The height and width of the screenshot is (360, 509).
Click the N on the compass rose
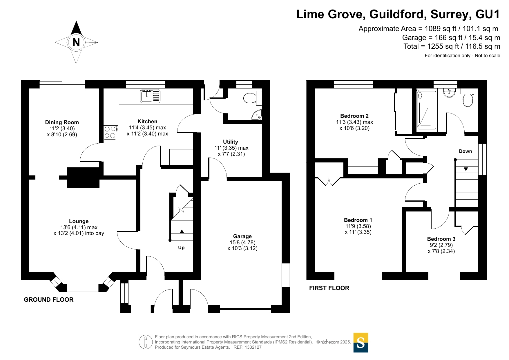76,42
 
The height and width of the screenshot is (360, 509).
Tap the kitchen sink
150,96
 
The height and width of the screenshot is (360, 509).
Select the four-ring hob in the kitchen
111,133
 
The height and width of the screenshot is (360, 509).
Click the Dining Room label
62,122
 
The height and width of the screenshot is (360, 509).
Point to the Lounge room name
79,221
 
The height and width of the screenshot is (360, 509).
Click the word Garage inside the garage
242,236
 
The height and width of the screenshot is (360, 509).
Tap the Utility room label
230,142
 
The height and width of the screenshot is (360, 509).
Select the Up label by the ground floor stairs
181,247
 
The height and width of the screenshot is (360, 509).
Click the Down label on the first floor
465,151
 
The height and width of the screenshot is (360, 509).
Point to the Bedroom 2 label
354,116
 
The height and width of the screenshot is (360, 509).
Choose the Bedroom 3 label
441,239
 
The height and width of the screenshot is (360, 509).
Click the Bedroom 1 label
358,220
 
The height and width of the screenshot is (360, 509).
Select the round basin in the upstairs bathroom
450,93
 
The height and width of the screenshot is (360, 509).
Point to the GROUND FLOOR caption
48,300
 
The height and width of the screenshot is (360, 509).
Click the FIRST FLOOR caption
329,288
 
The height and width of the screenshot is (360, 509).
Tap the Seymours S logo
361,343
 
